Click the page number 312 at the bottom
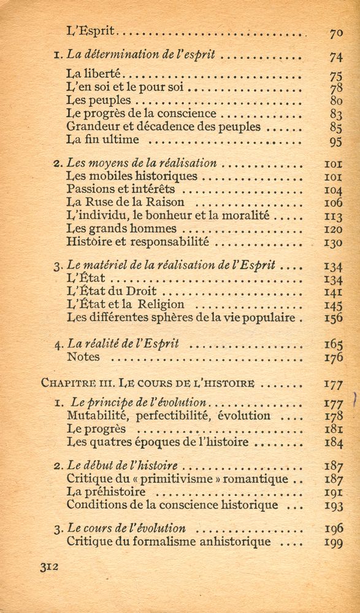coord(48,568)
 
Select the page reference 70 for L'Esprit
coord(335,32)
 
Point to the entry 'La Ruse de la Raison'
coord(125,202)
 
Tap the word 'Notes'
coord(83,357)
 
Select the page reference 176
coord(333,357)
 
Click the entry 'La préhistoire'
coord(106,492)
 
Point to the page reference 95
coord(335,142)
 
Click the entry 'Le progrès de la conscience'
coord(141,114)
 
